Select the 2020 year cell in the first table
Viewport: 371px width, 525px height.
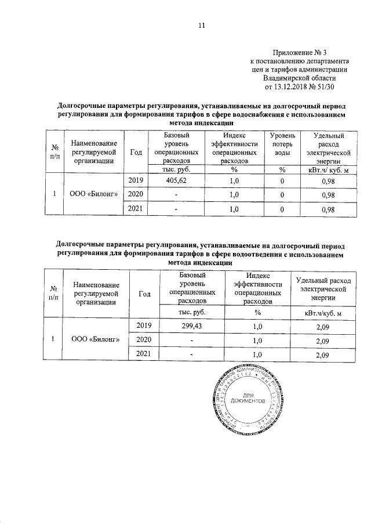(x=135, y=194)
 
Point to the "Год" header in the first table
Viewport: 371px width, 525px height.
(x=135, y=152)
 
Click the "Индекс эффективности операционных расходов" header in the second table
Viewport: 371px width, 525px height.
(x=257, y=288)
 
